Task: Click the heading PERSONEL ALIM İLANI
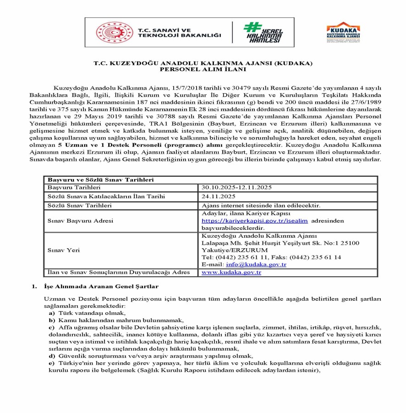point(203,70)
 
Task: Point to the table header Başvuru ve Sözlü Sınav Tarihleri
point(101,180)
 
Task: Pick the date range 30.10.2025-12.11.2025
point(237,188)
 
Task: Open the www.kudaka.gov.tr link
point(231,273)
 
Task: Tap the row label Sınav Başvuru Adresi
point(80,221)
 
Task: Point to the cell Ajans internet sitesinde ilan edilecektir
point(261,205)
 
